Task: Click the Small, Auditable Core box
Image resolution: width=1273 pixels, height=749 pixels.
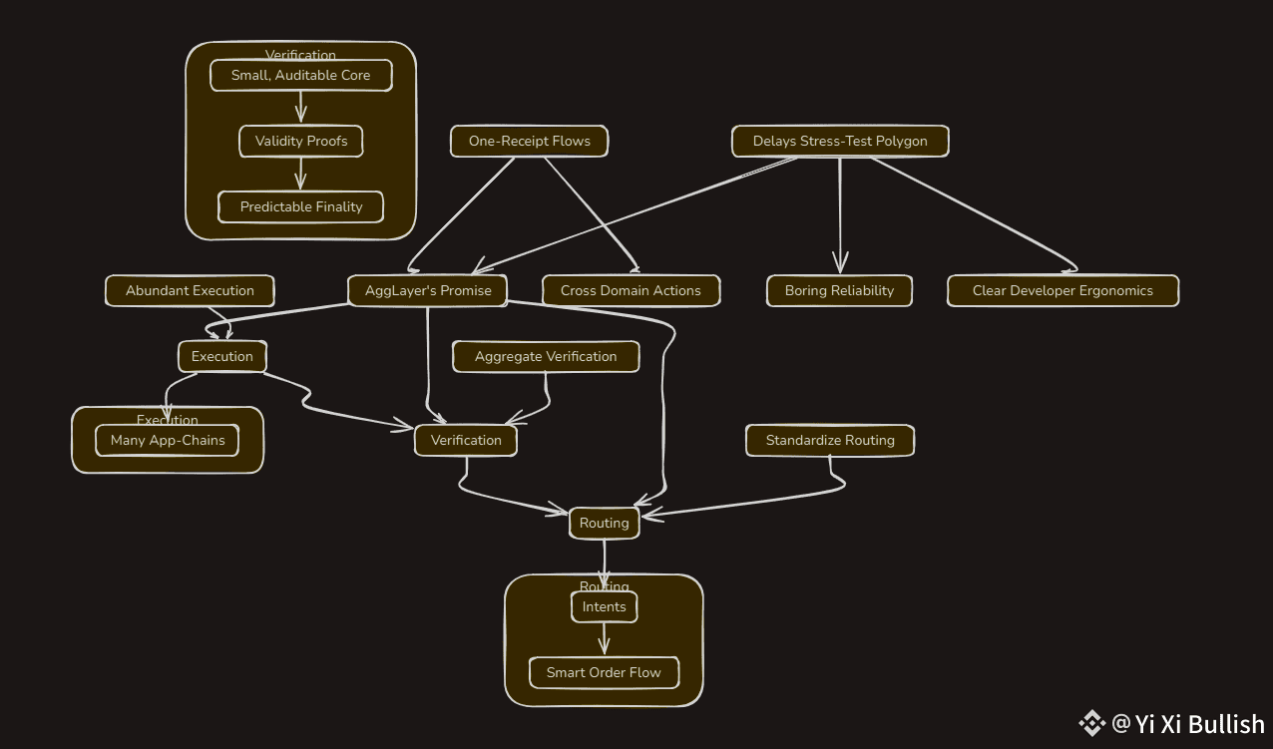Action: (300, 75)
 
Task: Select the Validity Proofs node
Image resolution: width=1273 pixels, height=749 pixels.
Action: (300, 141)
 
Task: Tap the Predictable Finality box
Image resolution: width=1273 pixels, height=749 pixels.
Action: (300, 206)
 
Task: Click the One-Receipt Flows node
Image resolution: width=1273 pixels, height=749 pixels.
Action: (529, 141)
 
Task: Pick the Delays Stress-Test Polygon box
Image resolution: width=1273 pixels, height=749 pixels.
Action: (839, 141)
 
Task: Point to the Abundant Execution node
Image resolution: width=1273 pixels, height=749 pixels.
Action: (190, 290)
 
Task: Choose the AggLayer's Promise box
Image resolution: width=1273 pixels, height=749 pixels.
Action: (428, 290)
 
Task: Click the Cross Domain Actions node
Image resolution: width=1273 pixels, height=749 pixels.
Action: (631, 290)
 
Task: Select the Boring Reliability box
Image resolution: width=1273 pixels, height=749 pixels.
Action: (839, 290)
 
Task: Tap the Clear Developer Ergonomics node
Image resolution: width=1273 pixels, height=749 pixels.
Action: (1062, 290)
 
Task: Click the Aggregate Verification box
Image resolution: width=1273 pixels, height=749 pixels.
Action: (545, 356)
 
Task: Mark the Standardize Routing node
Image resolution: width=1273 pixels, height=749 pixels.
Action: (830, 440)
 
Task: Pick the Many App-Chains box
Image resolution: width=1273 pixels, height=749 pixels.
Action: (168, 440)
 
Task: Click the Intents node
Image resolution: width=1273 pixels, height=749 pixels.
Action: (604, 606)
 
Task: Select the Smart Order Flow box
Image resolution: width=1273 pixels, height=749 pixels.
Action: (604, 672)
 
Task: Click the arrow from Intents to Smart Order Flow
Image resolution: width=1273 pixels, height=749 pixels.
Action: (604, 639)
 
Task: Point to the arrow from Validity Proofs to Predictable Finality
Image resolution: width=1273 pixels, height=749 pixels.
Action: (300, 174)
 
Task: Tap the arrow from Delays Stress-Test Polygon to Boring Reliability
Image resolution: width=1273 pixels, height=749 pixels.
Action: (840, 214)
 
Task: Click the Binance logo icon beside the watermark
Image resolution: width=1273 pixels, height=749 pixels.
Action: (1091, 723)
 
